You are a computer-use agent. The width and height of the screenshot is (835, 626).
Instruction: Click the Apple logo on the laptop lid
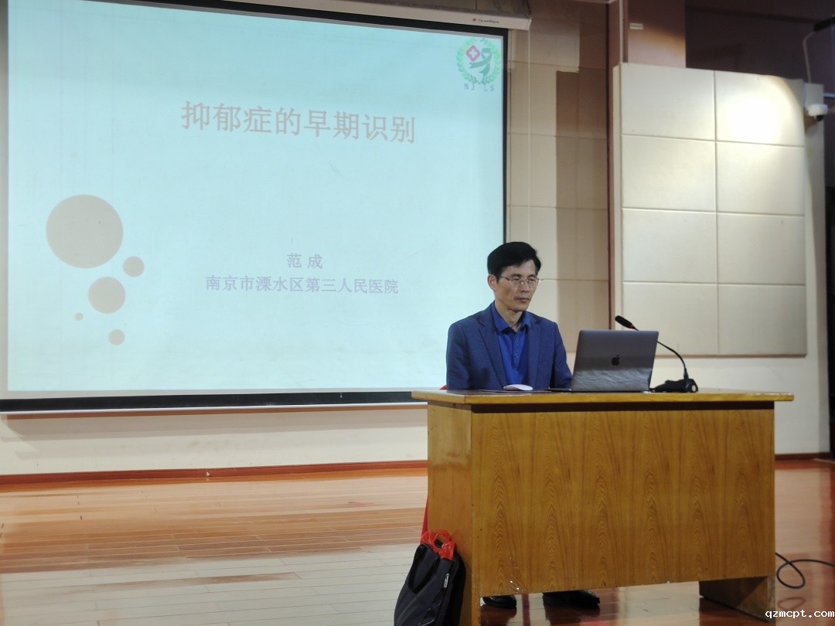click(615, 360)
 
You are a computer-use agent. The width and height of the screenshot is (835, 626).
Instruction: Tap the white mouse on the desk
click(517, 387)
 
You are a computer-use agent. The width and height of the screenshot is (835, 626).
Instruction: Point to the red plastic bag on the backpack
click(438, 544)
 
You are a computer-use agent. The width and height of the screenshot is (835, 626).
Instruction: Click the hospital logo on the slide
click(479, 60)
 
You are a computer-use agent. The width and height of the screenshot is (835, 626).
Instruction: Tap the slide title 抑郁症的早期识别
click(298, 122)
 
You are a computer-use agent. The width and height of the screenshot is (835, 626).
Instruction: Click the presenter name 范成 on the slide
click(305, 261)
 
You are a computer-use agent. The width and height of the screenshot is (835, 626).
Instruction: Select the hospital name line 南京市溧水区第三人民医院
click(302, 287)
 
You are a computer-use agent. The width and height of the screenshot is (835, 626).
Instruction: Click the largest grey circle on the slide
click(84, 231)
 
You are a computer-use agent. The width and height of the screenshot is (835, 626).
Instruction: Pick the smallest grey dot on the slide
click(79, 316)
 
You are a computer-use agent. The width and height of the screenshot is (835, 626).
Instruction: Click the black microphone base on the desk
click(676, 386)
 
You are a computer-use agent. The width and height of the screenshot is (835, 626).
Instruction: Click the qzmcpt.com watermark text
click(799, 614)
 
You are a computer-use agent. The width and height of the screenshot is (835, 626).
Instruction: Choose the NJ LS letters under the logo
click(479, 87)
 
